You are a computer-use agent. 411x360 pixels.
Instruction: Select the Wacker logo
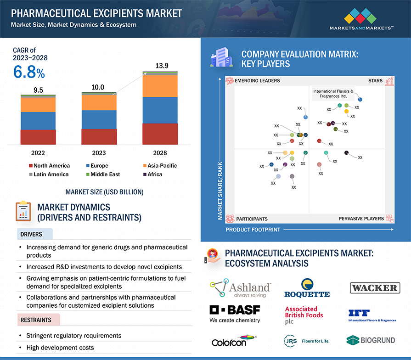375,288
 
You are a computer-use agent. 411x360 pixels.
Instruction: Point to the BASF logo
235,314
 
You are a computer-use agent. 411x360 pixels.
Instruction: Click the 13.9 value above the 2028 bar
162,66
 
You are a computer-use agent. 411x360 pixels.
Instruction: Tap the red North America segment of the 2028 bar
160,134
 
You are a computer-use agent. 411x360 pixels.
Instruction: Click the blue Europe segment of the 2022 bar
38,121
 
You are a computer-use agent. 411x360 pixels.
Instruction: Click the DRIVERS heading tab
31,234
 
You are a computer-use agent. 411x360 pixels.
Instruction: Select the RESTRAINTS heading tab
36,319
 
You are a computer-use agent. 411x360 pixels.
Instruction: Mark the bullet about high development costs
60,348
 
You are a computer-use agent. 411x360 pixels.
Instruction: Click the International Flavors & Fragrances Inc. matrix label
333,94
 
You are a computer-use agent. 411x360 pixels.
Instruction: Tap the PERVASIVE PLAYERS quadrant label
361,219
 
